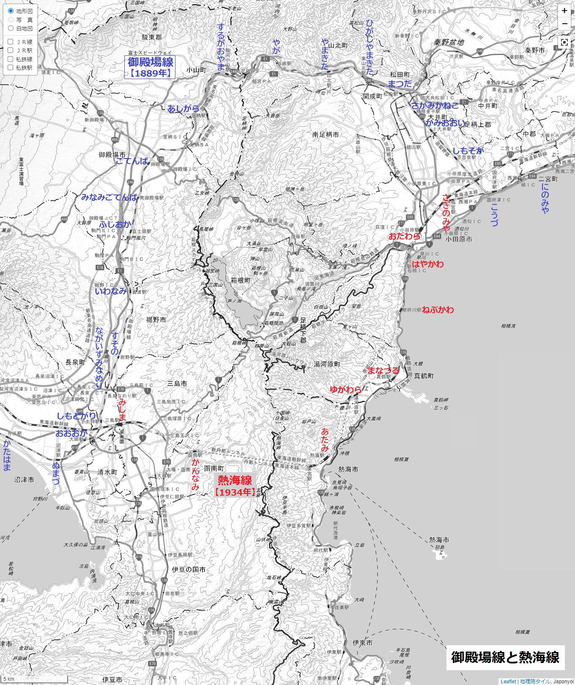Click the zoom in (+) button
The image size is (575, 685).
coord(564,11)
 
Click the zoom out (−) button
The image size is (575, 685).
coord(564,24)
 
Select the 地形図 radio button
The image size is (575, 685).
coord(11,11)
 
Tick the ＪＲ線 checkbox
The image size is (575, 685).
coord(11,41)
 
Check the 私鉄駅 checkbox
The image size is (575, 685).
coord(11,67)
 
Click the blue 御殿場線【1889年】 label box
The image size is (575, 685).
coord(150,67)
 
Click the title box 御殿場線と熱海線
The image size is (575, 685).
coord(505,657)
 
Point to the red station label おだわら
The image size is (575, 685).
coord(404,236)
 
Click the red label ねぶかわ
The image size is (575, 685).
coord(438,310)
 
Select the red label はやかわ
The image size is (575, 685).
coord(428,264)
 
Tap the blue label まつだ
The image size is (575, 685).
coord(400,84)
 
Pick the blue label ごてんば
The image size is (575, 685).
coord(131,161)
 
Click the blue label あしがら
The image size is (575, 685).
coord(183,109)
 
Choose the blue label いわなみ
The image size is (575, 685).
coord(110,291)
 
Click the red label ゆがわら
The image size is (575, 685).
coord(345,389)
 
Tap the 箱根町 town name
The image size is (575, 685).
coord(241,280)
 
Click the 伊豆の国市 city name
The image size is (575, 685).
coord(189,570)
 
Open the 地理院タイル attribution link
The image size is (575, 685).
coord(535,681)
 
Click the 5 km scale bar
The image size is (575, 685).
coord(34,679)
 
